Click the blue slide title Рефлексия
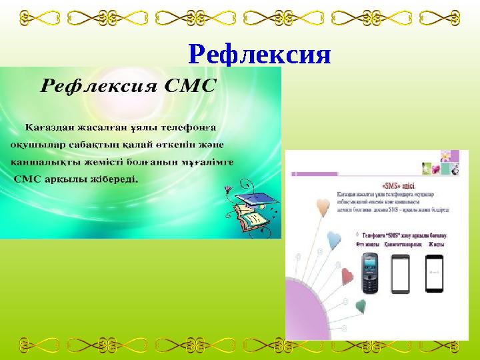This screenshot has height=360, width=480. point(259,53)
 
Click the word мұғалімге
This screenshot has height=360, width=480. point(213,161)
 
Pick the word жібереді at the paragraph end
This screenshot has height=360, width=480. point(116,179)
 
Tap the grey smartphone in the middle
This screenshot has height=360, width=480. point(400,274)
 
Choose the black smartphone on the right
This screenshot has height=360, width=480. point(434,273)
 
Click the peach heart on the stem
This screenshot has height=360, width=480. point(323,205)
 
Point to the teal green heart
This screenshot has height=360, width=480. point(361,305)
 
